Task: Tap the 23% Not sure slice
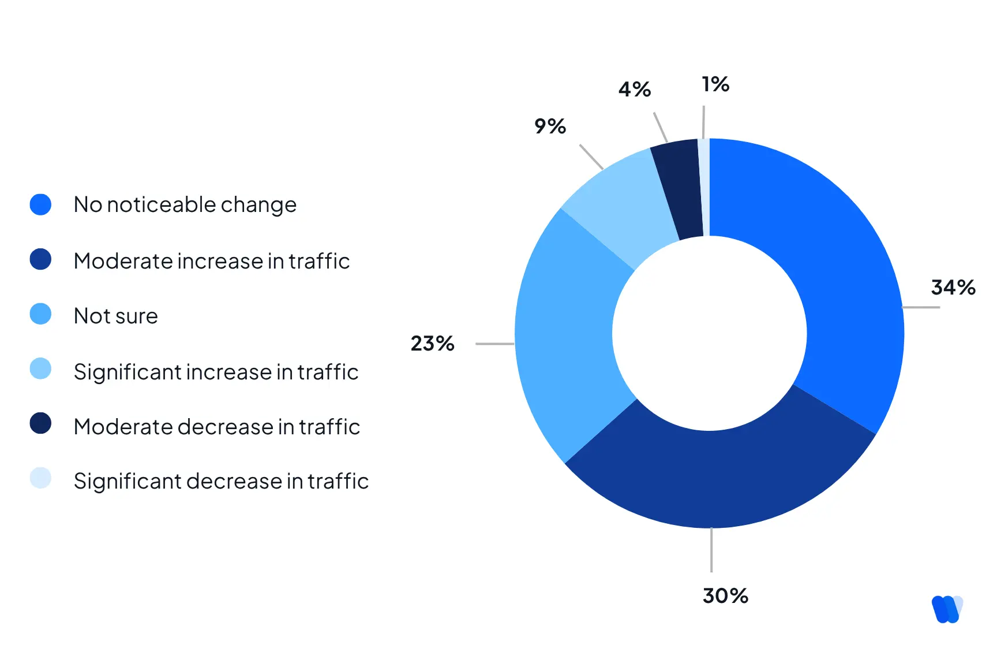[x=565, y=335]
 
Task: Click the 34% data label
[x=953, y=287]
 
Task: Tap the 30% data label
[x=725, y=595]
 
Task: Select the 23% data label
[x=432, y=343]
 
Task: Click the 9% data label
[x=550, y=126]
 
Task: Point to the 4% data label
[x=635, y=89]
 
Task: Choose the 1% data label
[x=715, y=84]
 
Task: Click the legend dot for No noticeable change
[x=40, y=204]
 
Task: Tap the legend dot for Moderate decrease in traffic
[x=40, y=423]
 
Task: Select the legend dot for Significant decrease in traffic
[x=40, y=478]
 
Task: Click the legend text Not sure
[x=116, y=316]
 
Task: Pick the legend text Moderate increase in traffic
[x=212, y=261]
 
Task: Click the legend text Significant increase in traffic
[x=216, y=372]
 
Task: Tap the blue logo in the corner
[x=947, y=609]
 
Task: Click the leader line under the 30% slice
[x=711, y=550]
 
